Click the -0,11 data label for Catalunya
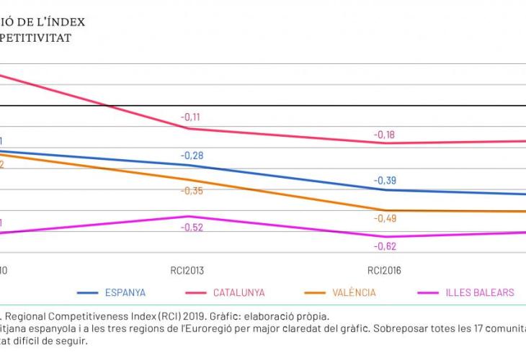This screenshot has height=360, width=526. click(191, 117)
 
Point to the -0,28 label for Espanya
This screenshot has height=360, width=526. click(192, 156)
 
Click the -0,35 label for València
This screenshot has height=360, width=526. click(192, 191)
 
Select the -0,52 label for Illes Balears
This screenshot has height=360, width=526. click(192, 228)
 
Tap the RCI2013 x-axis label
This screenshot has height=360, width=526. click(187, 271)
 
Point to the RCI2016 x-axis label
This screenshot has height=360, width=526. click(384, 271)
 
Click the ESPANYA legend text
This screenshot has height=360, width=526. click(125, 293)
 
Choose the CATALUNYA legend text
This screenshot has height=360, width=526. click(239, 293)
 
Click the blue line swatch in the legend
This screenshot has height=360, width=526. click(87, 293)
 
